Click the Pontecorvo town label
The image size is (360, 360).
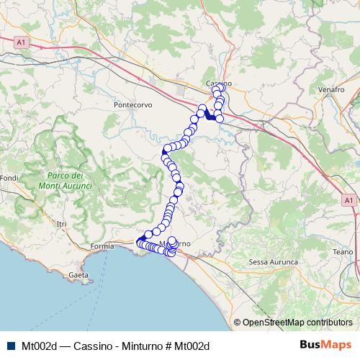[133, 104]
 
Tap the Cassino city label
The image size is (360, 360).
[217, 84]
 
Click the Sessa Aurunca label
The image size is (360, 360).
[273, 262]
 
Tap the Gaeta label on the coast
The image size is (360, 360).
[78, 276]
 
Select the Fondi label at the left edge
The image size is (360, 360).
[9, 178]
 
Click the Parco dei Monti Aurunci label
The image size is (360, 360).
[69, 181]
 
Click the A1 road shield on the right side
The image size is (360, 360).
[348, 199]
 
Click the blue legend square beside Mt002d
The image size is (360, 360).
[12, 346]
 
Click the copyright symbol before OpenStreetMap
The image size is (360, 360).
[238, 322]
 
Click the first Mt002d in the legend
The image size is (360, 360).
[40, 346]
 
